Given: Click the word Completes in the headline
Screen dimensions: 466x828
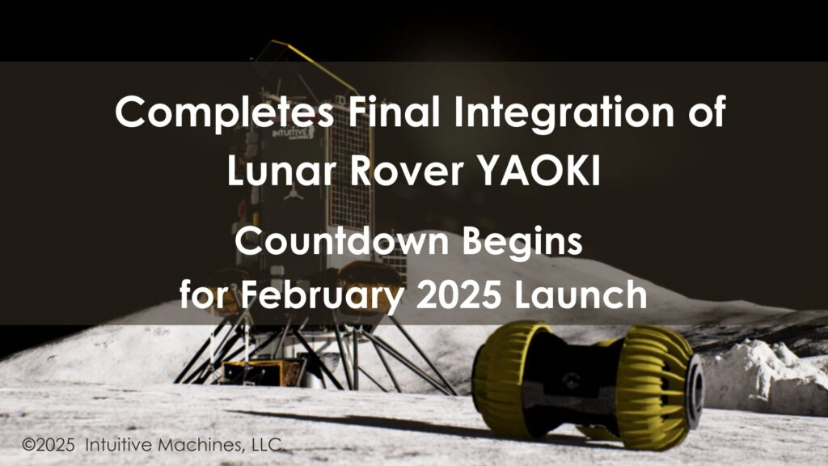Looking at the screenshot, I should [x=224, y=112].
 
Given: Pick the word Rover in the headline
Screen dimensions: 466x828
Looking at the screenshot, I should [x=411, y=170].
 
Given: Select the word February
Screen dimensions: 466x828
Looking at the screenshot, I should [x=331, y=295].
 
